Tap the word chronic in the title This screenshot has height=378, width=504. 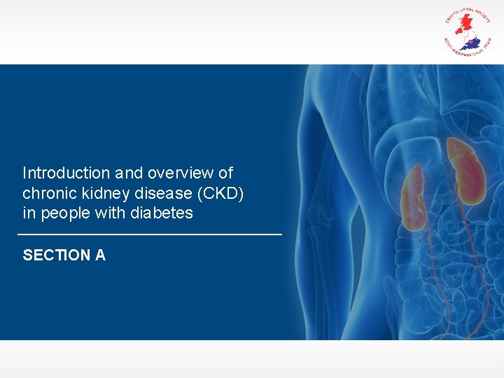tap(48, 193)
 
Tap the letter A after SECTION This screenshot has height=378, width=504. tap(100, 255)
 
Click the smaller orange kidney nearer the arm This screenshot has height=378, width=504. tap(412, 197)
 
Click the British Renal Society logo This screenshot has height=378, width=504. tap(468, 31)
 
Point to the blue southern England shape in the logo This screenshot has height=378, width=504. tap(473, 43)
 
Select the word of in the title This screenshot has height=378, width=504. tap(225, 173)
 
